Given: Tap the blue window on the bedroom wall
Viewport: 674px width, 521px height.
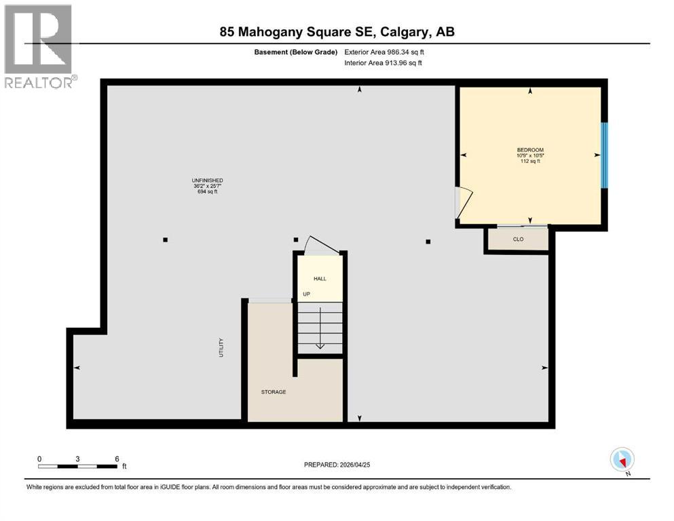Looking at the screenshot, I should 604,155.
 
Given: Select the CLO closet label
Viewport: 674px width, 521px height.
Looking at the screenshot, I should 518,239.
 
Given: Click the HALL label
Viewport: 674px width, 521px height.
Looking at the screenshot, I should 319,278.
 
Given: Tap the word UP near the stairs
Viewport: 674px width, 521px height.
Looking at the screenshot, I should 306,294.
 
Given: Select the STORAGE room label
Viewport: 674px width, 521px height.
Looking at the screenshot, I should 274,392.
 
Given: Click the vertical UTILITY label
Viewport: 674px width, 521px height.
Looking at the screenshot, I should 221,348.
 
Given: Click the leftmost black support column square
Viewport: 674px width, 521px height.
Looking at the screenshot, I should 165,239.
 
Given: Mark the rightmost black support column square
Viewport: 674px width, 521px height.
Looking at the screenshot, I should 428,241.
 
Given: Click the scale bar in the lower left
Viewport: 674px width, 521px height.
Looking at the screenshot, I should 78,465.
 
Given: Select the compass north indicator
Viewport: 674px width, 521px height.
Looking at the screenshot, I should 622,460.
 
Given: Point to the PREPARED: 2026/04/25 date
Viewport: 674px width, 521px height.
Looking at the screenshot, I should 337,465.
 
